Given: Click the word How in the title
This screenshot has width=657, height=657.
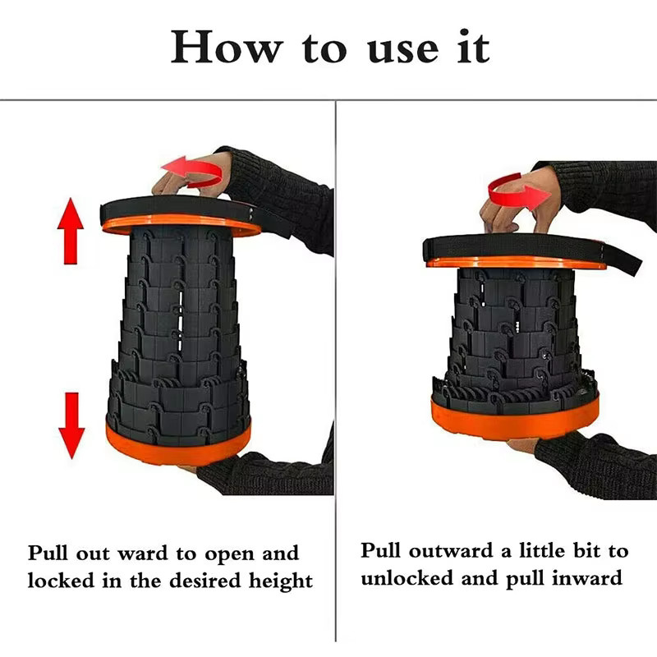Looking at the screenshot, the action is coord(226,48).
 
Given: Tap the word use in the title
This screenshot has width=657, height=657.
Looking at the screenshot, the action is coord(403,51).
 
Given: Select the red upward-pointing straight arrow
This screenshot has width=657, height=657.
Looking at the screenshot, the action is coord(71,231).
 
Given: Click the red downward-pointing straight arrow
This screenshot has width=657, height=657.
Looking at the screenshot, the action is coord(71,425).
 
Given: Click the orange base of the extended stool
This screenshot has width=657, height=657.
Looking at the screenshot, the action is coord(177,445).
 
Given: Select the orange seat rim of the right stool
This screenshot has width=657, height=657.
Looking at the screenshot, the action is coord(516,263).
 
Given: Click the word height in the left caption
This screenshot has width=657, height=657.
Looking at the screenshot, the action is coord(280,581).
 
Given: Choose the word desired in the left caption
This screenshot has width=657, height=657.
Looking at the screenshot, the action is coord(205,581).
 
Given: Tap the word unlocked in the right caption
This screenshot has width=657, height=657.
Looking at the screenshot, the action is coord(407,578).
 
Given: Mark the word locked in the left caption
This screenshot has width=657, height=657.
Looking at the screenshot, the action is coord(61,581).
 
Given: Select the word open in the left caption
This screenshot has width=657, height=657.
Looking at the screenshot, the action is coord(230,555).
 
